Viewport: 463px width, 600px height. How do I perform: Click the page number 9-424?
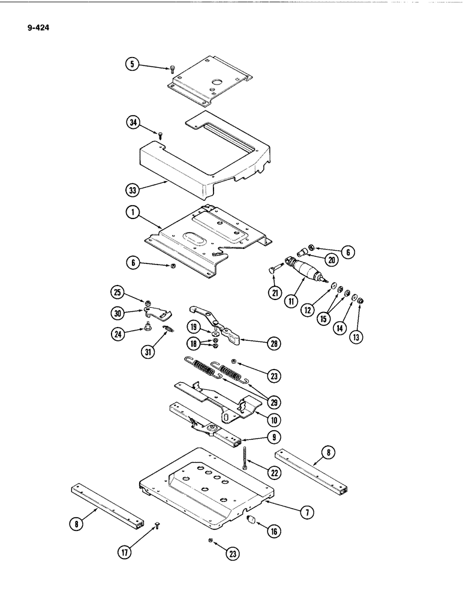click(x=38, y=26)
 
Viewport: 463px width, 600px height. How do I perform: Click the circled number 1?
click(x=132, y=212)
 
